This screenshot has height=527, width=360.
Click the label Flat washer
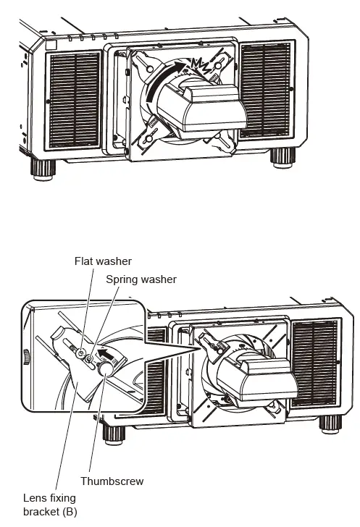pos(104,261)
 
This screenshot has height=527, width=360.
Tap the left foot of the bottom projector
pos(112,434)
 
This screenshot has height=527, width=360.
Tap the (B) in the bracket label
pos(69,512)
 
